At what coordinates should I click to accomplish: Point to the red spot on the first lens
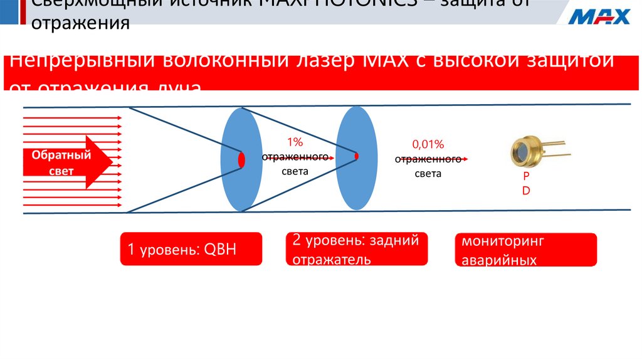[241, 159]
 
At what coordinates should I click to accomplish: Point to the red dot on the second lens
[356, 156]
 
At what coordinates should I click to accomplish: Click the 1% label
[295, 142]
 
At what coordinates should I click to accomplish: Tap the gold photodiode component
[525, 150]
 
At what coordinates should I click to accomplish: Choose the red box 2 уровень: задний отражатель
[357, 249]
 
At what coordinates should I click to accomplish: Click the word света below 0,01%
[428, 174]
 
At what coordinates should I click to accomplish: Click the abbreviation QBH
[223, 250]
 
